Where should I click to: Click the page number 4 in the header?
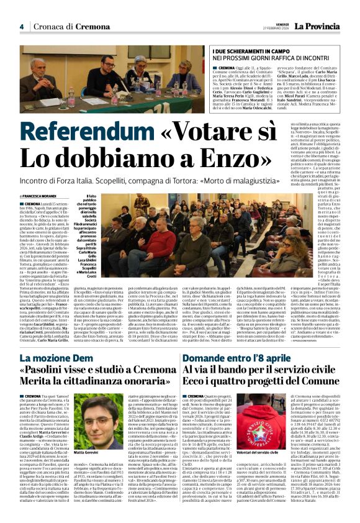pyautogui.click(x=21, y=27)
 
